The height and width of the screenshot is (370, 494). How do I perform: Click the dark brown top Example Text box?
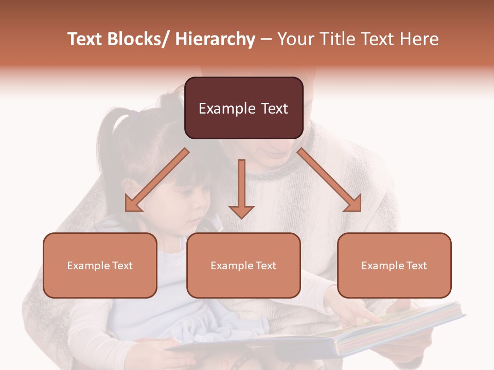(x=243, y=108)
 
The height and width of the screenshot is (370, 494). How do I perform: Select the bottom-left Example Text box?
(x=100, y=265)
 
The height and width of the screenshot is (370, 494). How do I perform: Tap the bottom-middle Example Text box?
(x=243, y=265)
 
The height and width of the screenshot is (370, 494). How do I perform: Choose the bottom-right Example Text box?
(x=394, y=265)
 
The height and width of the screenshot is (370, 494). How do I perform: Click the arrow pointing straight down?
(x=241, y=190)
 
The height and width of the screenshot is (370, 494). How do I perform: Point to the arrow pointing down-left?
(x=156, y=181)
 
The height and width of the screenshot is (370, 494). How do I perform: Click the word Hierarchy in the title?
(x=215, y=39)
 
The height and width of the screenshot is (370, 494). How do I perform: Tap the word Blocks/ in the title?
(x=137, y=39)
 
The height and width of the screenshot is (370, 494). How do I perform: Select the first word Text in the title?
(x=84, y=39)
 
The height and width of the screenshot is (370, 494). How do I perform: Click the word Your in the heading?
(x=295, y=39)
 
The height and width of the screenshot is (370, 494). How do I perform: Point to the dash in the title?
(x=266, y=40)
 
